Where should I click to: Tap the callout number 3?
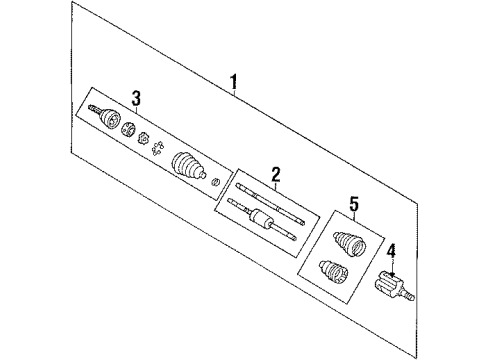pyautogui.click(x=136, y=97)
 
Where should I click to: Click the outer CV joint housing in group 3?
pyautogui.click(x=107, y=119)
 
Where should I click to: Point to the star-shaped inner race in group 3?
pyautogui.click(x=144, y=139)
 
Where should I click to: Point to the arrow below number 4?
pyautogui.click(x=392, y=265)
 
